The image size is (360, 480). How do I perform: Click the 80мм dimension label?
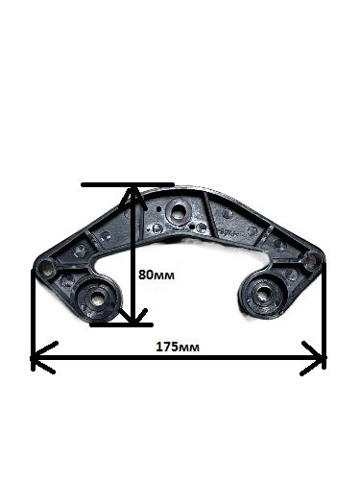156,275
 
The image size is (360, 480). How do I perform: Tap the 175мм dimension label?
178,347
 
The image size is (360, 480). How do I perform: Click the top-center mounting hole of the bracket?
177,210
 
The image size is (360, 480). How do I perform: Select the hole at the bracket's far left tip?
47,267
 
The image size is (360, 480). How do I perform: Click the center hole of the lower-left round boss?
95,300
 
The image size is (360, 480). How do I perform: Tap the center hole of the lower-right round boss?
263,294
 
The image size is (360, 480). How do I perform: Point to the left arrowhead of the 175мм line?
43,357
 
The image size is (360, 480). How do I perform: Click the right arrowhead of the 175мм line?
313,358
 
